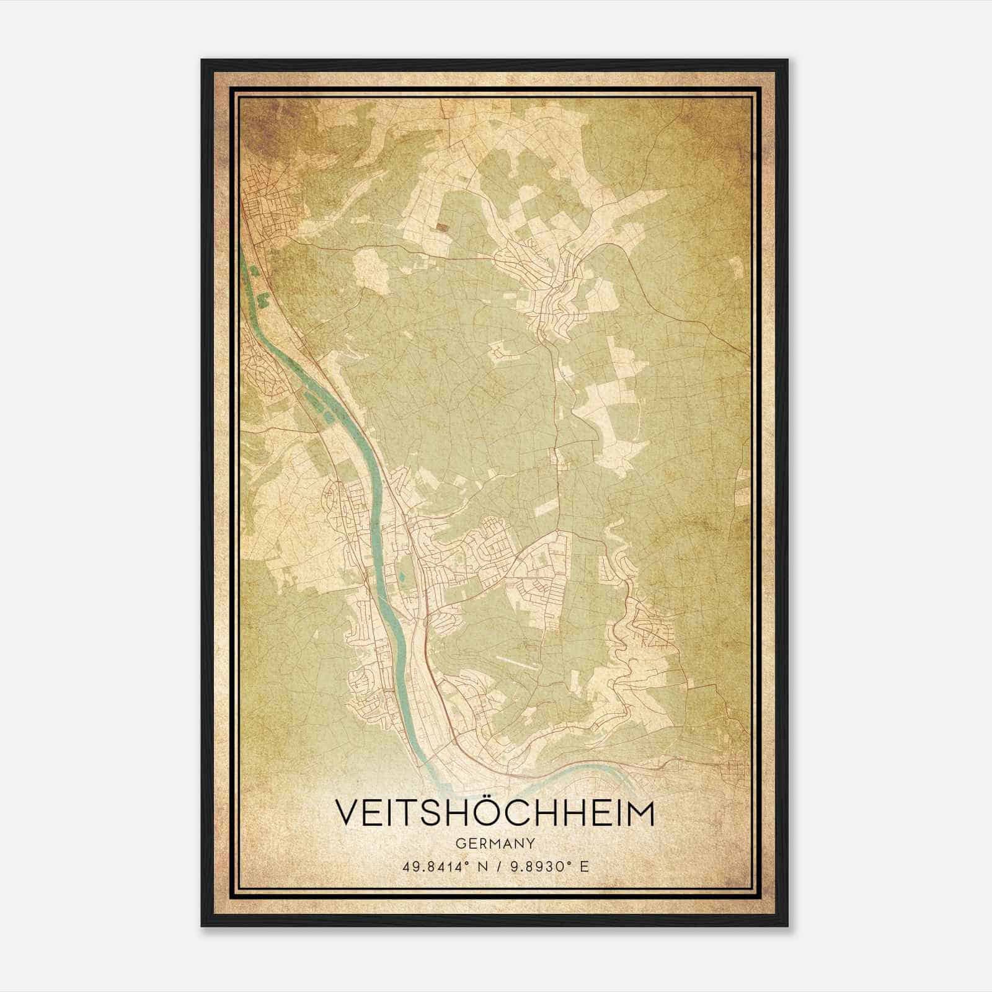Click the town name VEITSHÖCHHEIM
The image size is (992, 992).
(494, 813)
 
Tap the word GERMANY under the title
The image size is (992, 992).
(494, 844)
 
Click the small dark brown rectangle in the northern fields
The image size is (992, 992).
(441, 228)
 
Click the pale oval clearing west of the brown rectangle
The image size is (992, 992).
(371, 269)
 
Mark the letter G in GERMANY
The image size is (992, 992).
(459, 844)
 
